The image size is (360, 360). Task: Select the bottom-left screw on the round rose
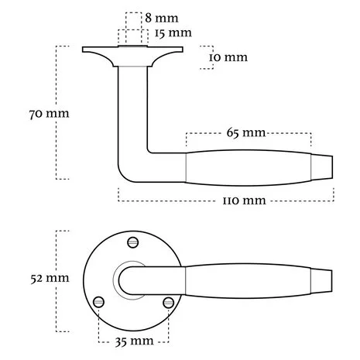(98, 301)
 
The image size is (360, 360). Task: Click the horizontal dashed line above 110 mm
(225, 187)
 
